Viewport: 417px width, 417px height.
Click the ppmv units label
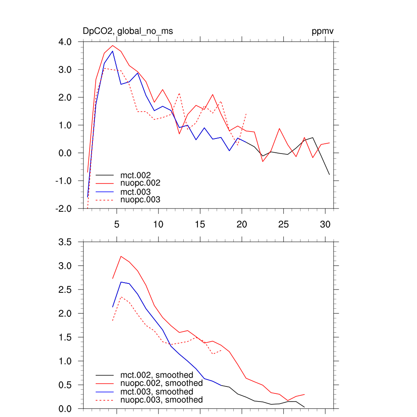pos(323,31)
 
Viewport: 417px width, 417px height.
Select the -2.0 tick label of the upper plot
pos(64,208)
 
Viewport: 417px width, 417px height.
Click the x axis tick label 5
pos(116,224)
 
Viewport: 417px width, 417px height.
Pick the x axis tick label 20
pos(242,224)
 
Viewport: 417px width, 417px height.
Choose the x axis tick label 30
pos(325,224)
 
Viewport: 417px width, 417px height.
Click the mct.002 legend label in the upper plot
pos(138,176)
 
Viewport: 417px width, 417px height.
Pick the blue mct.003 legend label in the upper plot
pos(138,192)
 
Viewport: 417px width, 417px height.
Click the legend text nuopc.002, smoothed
pos(161,383)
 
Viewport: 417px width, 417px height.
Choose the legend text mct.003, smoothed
pos(157,392)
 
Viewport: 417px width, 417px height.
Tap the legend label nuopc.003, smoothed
pos(161,400)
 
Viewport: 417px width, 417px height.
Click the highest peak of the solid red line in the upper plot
pos(112,46)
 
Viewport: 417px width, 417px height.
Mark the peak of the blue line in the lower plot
pos(121,282)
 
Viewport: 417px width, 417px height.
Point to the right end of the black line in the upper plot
pos(329,175)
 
